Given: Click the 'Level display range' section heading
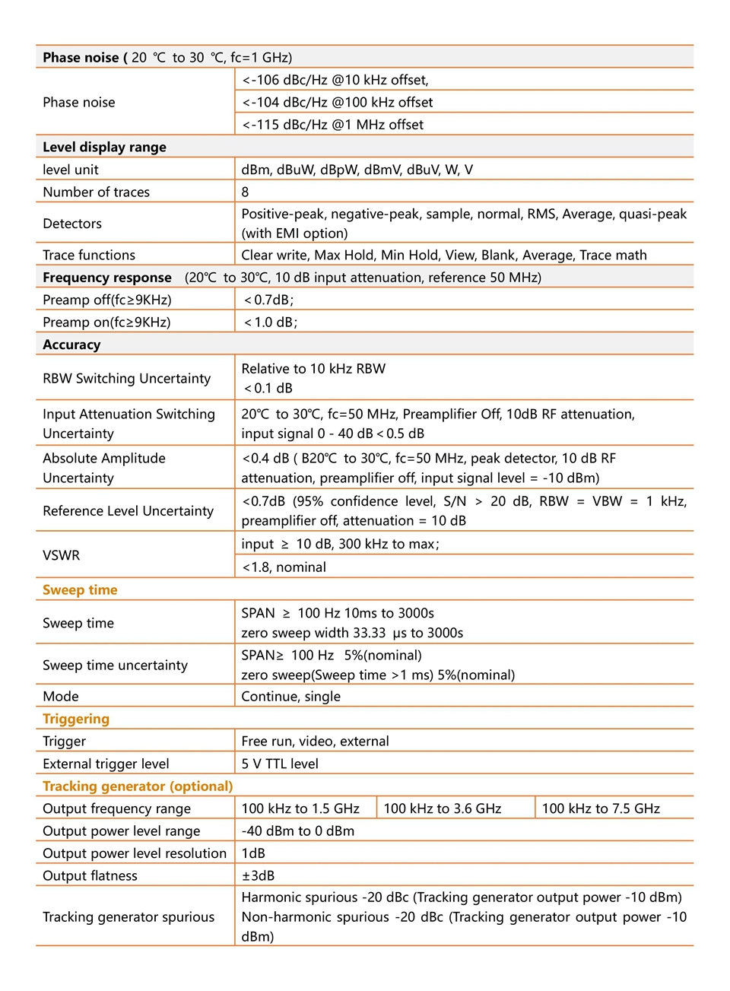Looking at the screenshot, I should pyautogui.click(x=104, y=147).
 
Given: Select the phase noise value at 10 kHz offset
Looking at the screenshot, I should pyautogui.click(x=335, y=80).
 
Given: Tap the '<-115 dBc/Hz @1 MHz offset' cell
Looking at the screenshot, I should pyautogui.click(x=332, y=125).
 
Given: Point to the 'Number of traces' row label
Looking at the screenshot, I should pyautogui.click(x=96, y=192).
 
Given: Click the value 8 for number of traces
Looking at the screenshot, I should pyautogui.click(x=245, y=192).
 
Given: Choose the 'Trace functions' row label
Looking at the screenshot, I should pyautogui.click(x=89, y=255).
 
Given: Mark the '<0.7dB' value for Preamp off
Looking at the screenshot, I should pyautogui.click(x=268, y=300).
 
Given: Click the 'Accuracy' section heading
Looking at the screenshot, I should pyautogui.click(x=71, y=345).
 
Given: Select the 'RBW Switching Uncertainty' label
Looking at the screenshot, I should pyautogui.click(x=126, y=378).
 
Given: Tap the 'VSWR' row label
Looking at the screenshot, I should pyautogui.click(x=61, y=555).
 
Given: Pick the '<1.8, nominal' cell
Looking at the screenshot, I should pyautogui.click(x=284, y=567).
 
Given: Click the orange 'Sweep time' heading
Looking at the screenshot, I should pyautogui.click(x=80, y=589).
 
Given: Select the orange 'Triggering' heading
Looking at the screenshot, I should pyautogui.click(x=76, y=719).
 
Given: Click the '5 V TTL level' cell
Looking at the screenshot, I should pyautogui.click(x=280, y=764).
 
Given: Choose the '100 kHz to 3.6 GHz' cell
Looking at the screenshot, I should pyautogui.click(x=443, y=808).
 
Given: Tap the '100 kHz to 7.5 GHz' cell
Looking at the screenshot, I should pyautogui.click(x=601, y=808).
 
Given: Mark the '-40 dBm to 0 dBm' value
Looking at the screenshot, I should pyautogui.click(x=297, y=831).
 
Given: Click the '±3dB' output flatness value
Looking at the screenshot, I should pyautogui.click(x=258, y=875).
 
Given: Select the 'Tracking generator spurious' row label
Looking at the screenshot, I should pyautogui.click(x=129, y=916).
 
